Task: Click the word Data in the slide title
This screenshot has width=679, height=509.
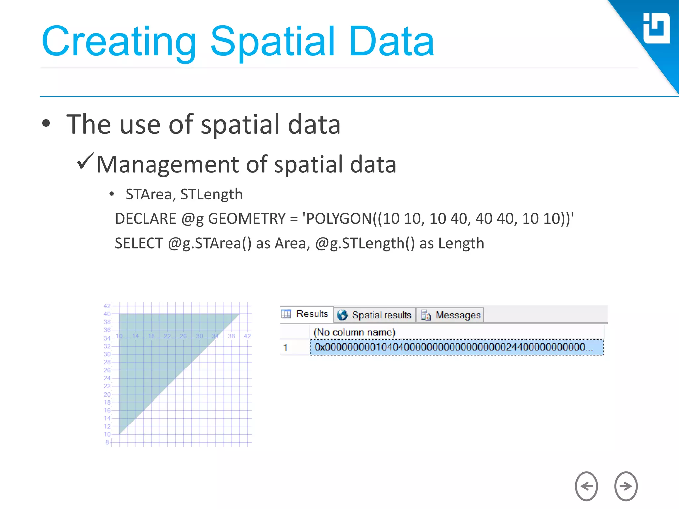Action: (x=391, y=42)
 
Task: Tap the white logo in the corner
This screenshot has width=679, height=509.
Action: (x=656, y=28)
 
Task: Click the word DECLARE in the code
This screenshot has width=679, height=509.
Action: (x=146, y=219)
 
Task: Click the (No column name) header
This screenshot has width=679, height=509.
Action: (x=354, y=332)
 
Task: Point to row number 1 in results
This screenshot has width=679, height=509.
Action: (x=286, y=348)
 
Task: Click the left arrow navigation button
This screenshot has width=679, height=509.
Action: (x=586, y=486)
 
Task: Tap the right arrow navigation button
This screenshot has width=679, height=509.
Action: (x=626, y=486)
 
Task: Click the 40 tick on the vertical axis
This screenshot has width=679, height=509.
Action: (x=107, y=314)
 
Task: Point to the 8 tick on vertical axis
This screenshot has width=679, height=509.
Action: (x=107, y=442)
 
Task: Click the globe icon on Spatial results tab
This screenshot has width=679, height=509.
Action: (x=342, y=315)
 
